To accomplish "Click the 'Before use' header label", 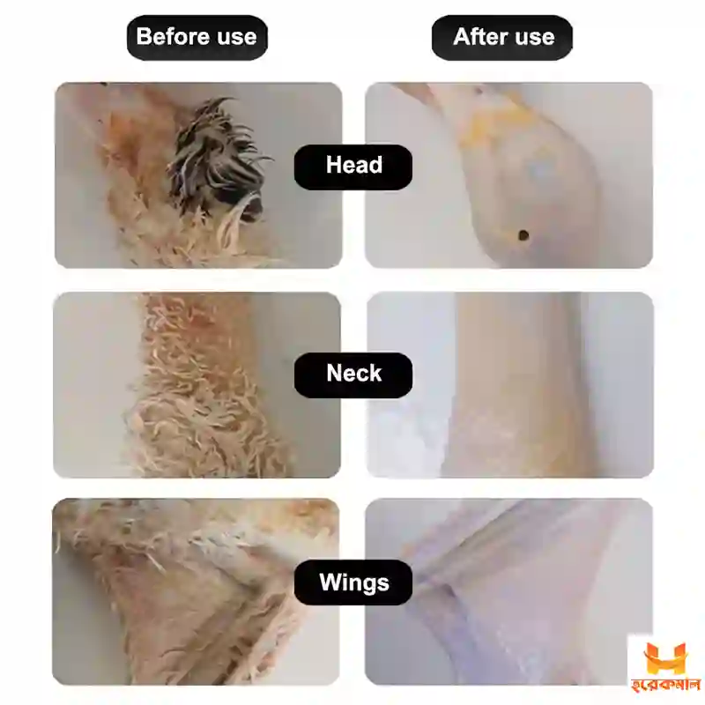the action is tap(197, 37).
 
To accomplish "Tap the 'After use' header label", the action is tap(502, 37).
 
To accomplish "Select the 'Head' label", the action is tap(353, 167).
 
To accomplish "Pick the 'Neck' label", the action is tap(353, 375).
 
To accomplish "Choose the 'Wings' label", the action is tap(353, 583).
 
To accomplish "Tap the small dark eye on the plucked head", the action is tap(523, 235).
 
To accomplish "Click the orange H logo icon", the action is tap(665, 658).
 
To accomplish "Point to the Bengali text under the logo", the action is tap(666, 686).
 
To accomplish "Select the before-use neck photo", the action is tap(197, 385).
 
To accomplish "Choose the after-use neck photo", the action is tap(510, 385).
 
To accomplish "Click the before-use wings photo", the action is tap(196, 591).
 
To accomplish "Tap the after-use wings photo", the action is tap(509, 591).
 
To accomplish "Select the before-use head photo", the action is tap(198, 175).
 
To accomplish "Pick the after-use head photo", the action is tap(509, 175).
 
